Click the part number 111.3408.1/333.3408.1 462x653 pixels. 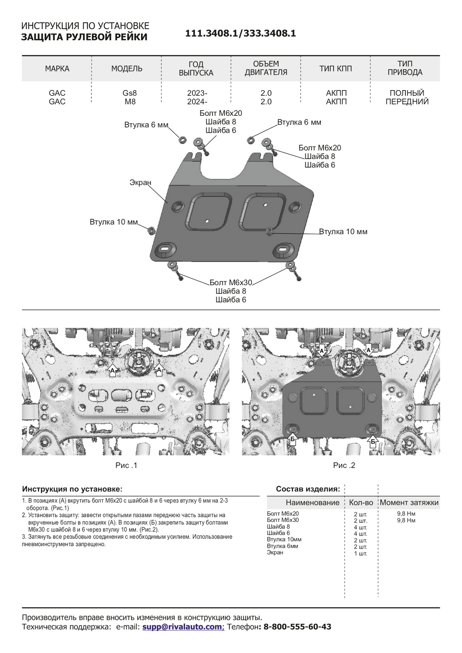pos(240,34)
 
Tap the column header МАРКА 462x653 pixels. pos(57,69)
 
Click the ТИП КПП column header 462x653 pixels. pos(335,69)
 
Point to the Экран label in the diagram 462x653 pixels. pos(140,182)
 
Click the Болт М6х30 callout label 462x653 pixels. pos(231,283)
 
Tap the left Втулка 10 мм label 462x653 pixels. pos(113,222)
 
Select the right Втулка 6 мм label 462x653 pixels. pos(299,122)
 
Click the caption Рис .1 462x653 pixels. pos(126,465)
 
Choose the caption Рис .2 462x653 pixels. pos(344,465)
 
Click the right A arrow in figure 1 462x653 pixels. pos(159,370)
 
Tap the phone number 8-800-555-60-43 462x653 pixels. pos(297,627)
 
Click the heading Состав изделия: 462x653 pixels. pos(308,489)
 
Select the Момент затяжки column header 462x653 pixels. pos(409,503)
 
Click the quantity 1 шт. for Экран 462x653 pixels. pos(361,553)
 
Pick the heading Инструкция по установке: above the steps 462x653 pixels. pos(72,489)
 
